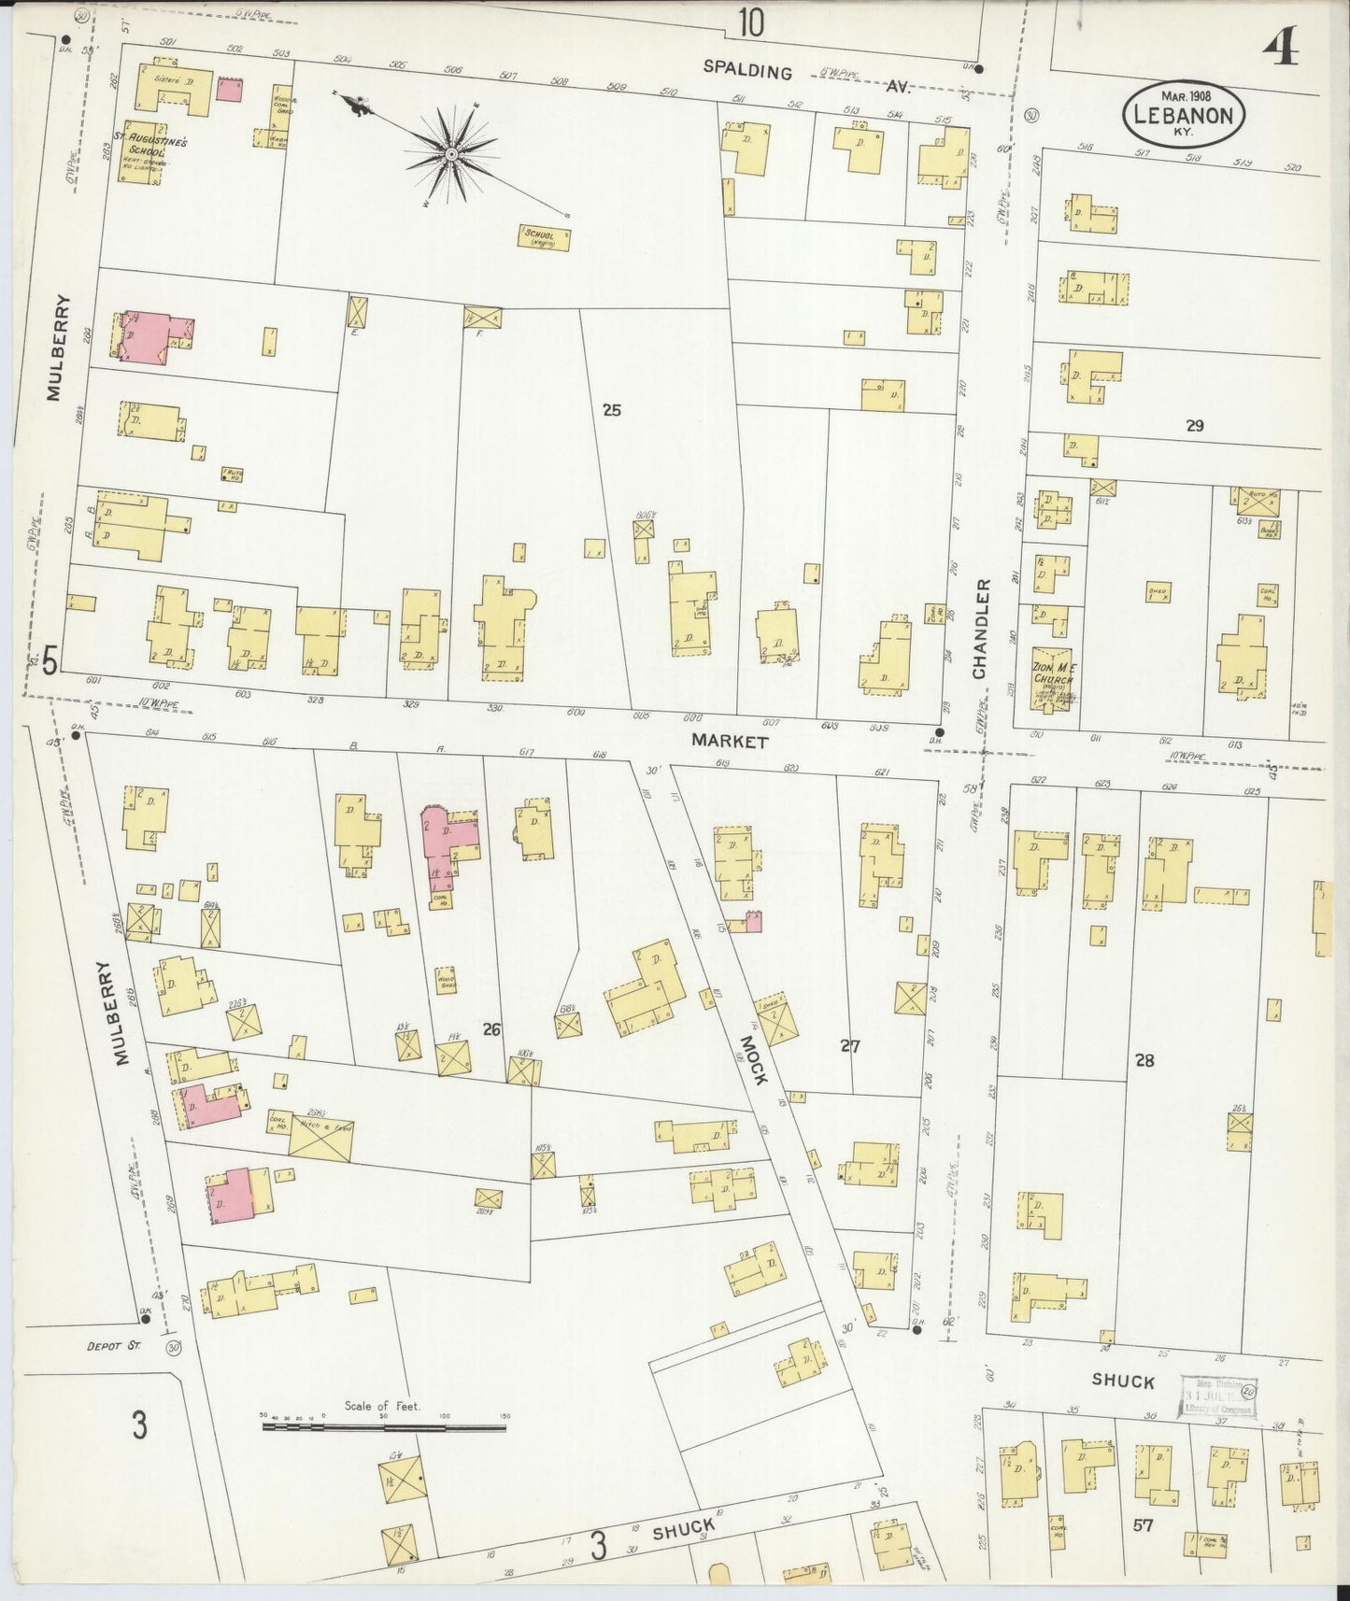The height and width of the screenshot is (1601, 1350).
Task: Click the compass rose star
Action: [x=449, y=152]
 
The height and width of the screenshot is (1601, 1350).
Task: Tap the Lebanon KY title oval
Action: [x=1184, y=114]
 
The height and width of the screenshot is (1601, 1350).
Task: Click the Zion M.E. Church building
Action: [x=1051, y=680]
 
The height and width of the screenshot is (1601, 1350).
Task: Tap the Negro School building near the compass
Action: [x=545, y=237]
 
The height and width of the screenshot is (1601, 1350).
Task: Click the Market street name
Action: [x=730, y=741]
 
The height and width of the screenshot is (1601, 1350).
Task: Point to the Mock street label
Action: [x=753, y=1059]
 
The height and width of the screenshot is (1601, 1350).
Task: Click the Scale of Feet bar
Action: [x=383, y=1427]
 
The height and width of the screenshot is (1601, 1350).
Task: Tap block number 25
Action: [x=611, y=409]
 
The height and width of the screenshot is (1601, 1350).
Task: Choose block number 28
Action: [x=1144, y=1059]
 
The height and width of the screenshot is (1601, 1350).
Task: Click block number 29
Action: [x=1194, y=426]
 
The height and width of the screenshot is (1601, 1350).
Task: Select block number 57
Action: [x=1143, y=1525]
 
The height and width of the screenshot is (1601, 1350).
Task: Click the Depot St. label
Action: [x=112, y=1346]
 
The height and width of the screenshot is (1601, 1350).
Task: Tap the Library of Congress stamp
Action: [x=1217, y=1398]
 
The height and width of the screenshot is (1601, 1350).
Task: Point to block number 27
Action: [x=848, y=1045]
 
